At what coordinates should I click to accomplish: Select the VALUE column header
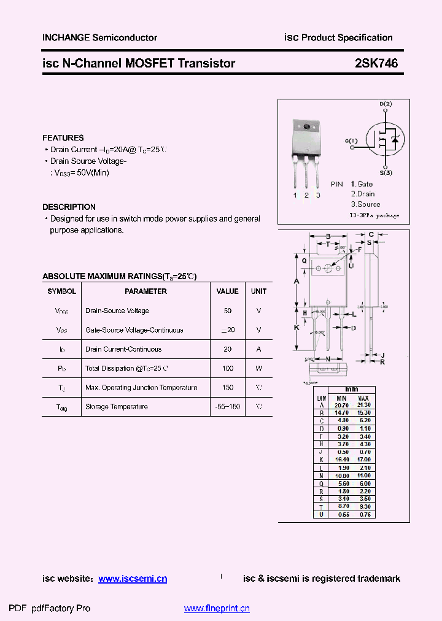228,291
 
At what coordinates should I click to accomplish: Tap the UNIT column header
259,291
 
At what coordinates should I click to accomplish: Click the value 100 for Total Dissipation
228,368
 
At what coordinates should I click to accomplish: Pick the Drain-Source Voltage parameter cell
117,311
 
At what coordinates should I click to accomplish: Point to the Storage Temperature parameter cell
117,407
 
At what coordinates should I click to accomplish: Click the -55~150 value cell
228,407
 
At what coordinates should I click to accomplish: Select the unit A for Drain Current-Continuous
259,349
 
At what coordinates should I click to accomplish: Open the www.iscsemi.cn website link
133,579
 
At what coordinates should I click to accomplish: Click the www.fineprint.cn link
217,609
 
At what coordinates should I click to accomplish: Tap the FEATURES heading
63,138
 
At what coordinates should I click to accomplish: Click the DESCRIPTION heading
69,207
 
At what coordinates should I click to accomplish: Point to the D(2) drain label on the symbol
386,104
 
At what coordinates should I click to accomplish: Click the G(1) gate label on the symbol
351,141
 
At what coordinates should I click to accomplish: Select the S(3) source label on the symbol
386,172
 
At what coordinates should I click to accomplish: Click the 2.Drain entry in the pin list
363,194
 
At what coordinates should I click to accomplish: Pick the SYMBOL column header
62,291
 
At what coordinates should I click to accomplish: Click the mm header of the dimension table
351,390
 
